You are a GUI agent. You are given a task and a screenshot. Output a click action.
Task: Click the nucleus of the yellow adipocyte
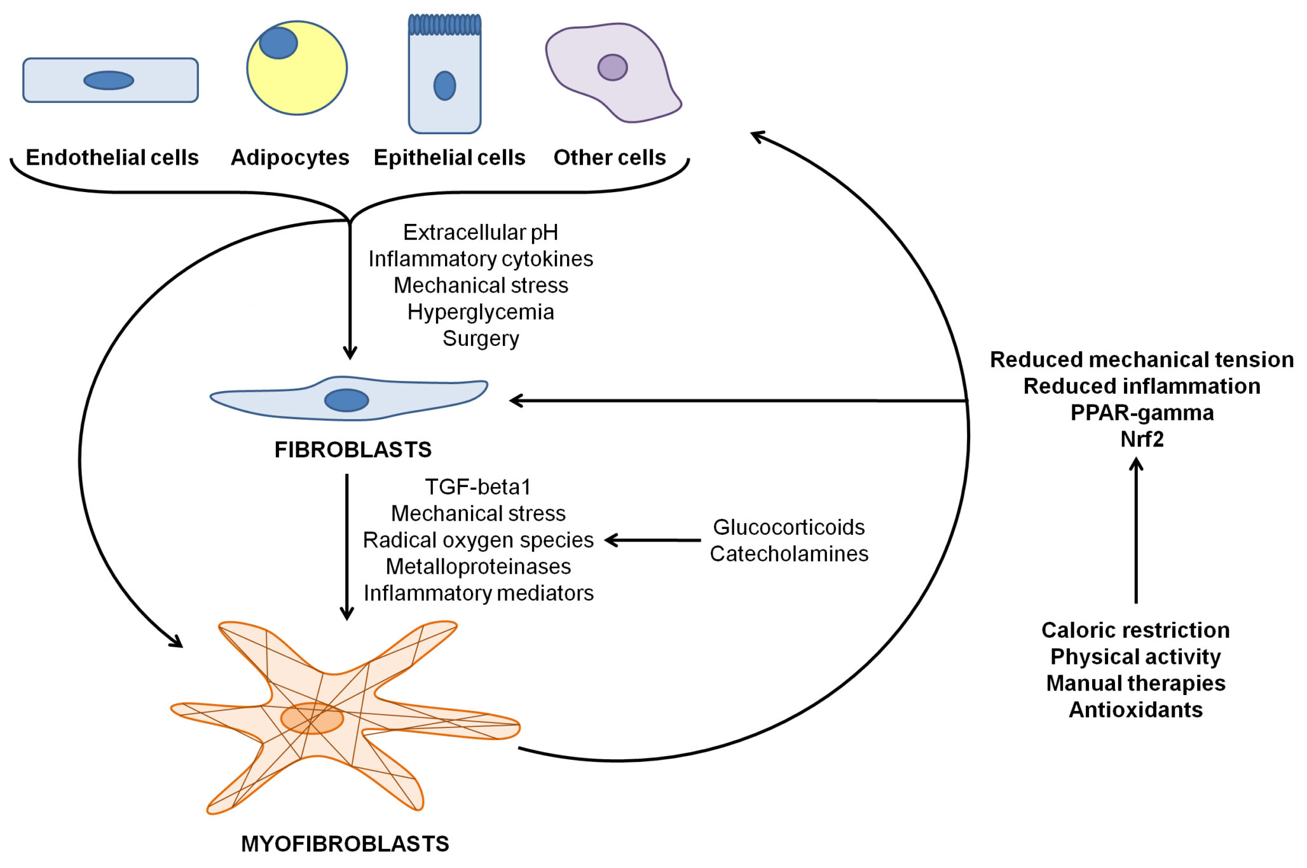(x=278, y=43)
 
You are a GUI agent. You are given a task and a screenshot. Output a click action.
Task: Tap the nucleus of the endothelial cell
(x=109, y=80)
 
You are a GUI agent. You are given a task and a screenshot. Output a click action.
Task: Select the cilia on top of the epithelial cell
(x=444, y=25)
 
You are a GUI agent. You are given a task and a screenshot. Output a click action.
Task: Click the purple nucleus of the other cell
(x=612, y=67)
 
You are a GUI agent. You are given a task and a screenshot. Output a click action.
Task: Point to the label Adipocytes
(x=289, y=157)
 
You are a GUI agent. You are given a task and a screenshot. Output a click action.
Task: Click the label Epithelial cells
(x=449, y=157)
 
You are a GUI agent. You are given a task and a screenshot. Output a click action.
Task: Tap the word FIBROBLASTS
(x=353, y=450)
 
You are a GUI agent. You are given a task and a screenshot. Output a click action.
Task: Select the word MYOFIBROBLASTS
(x=345, y=844)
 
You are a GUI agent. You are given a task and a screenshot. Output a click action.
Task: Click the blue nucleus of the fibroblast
(x=346, y=400)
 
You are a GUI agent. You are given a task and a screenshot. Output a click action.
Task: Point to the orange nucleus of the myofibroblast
(x=312, y=719)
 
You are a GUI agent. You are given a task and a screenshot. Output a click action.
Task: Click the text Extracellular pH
(x=481, y=232)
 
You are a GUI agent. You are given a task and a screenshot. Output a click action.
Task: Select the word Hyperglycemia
(x=481, y=312)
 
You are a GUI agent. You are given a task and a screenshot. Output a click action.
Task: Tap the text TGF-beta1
(x=477, y=486)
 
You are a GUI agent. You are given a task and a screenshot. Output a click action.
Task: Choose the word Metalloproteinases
(x=478, y=566)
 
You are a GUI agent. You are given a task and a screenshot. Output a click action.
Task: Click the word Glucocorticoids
(x=788, y=527)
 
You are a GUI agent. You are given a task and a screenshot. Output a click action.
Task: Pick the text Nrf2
(x=1142, y=439)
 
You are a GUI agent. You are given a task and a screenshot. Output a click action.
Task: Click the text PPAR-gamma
(x=1142, y=413)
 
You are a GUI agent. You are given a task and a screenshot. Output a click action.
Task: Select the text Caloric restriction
(x=1135, y=630)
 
